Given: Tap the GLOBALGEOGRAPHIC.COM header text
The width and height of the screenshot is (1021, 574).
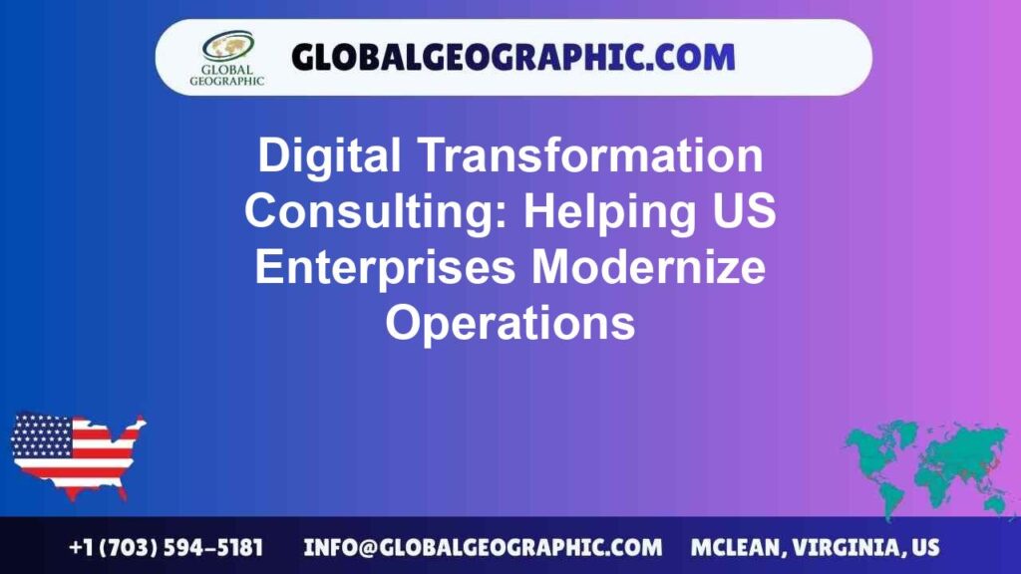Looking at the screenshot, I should click(x=512, y=57).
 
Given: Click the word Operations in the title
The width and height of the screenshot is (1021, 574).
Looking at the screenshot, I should click(x=510, y=324).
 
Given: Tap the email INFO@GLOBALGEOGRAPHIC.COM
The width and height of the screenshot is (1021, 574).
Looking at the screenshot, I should click(x=483, y=548).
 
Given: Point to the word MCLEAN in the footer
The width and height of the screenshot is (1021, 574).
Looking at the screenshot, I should click(x=736, y=548).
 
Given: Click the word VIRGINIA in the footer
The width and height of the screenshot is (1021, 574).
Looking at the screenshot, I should click(x=851, y=548).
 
